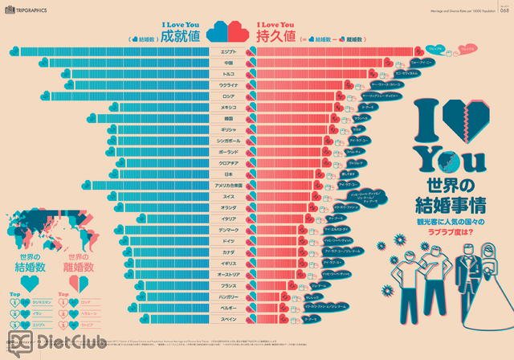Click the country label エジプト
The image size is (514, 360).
pyautogui.click(x=228, y=51)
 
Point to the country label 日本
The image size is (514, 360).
pyautogui.click(x=228, y=174)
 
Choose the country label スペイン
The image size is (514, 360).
pyautogui.click(x=228, y=319)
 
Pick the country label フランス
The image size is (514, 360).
pyautogui.click(x=228, y=285)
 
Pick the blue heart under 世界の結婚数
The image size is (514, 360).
pyautogui.click(x=29, y=282)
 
